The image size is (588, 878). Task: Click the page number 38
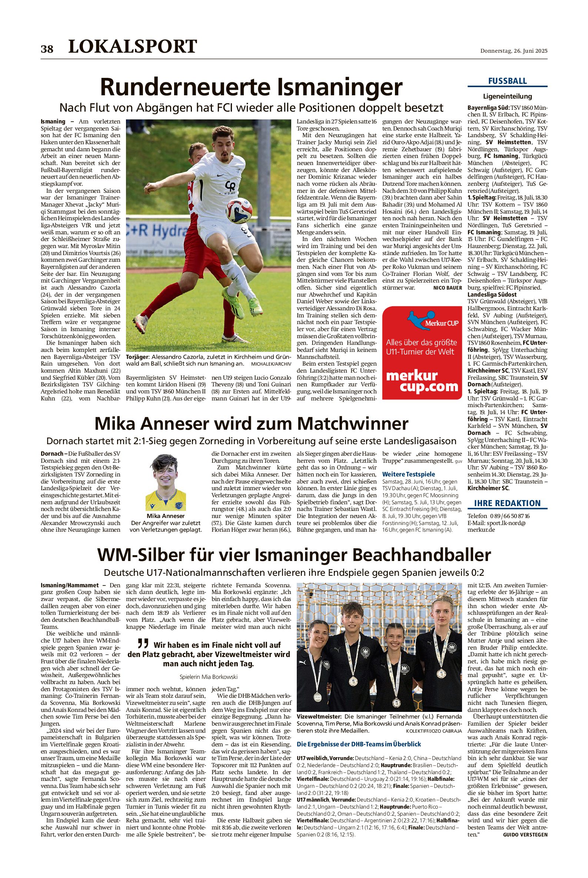(47, 49)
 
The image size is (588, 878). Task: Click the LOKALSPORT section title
(132, 46)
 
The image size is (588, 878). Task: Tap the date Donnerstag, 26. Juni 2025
(514, 51)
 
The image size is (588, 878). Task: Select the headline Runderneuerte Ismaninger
(251, 87)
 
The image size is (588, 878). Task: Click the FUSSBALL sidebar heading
(507, 81)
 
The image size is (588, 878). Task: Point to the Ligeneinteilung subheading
(507, 96)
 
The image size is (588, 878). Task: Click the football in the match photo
(239, 211)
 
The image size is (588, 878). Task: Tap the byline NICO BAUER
(447, 288)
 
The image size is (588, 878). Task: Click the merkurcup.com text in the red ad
(422, 382)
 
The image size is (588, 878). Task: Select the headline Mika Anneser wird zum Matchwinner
(251, 424)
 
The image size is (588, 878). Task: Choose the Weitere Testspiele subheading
(408, 474)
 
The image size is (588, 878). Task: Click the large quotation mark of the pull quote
(143, 644)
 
